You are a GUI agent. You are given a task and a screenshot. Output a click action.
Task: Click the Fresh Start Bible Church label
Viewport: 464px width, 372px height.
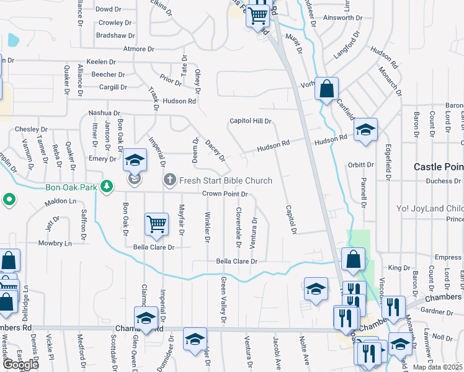226,180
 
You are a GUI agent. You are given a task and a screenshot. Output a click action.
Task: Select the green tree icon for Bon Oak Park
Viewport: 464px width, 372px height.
107,185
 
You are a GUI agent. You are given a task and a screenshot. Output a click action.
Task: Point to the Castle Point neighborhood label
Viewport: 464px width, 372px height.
439,167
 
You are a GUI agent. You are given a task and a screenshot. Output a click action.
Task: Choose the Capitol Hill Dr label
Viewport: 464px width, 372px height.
251,121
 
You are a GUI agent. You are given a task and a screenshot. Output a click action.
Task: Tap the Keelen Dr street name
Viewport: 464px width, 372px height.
102,62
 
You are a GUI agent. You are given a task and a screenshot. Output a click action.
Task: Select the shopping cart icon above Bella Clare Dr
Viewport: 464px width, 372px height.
156,224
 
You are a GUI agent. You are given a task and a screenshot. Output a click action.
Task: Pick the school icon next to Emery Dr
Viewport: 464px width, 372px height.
135,161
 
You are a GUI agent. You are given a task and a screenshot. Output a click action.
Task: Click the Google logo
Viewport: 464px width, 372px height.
20,365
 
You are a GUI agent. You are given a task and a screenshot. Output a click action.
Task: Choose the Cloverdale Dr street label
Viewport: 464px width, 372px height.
238,226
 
